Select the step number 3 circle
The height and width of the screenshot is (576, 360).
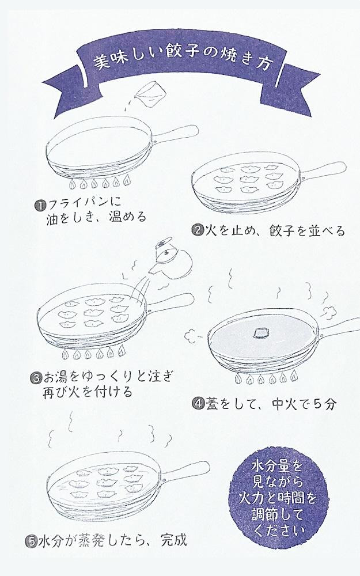coord(35,378)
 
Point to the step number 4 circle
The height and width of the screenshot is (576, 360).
coord(198,404)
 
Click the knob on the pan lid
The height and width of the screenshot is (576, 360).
coord(262,332)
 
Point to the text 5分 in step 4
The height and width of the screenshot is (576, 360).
coord(325,404)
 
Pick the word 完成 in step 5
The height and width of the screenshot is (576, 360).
coord(174,540)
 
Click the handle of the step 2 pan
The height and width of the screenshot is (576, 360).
coord(323,170)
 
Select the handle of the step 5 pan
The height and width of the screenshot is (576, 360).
coord(187,470)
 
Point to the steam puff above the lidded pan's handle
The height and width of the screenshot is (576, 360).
coord(330,312)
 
